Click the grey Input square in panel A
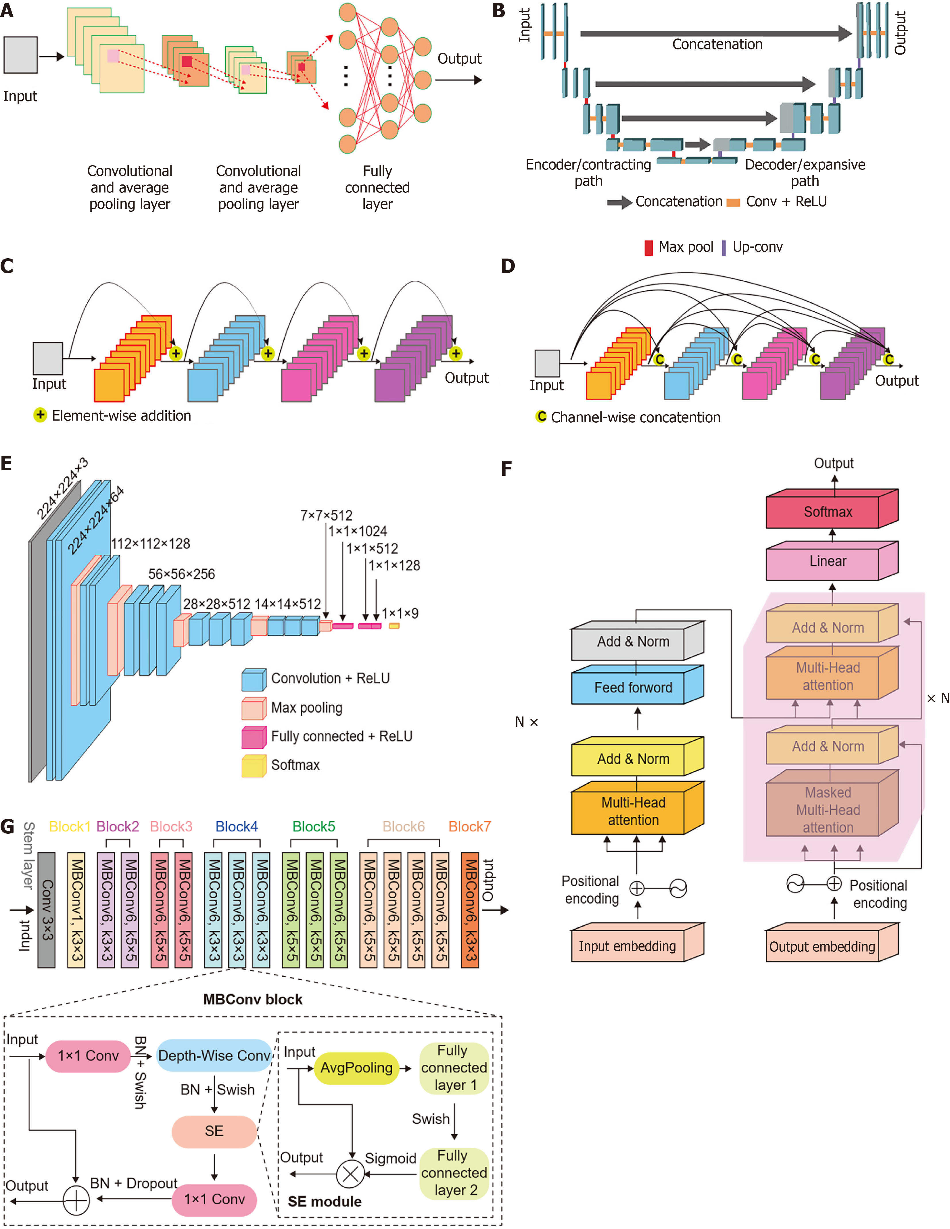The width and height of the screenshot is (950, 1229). (21, 55)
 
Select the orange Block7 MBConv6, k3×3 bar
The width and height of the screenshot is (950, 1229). (470, 910)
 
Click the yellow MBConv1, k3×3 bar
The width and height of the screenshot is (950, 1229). (76, 910)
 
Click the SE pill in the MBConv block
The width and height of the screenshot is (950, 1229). (214, 1131)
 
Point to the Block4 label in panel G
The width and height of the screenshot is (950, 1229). (237, 826)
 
